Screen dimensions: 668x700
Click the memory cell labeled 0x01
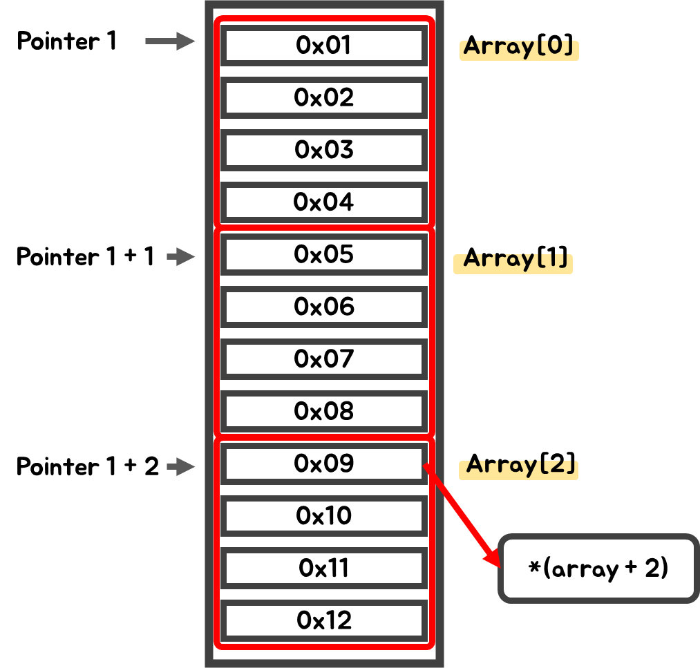coord(323,46)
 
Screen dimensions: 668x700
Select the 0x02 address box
coord(323,98)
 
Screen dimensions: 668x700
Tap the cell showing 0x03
coord(323,151)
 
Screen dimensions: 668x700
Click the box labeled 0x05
coord(323,255)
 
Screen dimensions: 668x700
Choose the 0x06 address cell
coord(323,307)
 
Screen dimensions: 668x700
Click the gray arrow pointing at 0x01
coord(170,41)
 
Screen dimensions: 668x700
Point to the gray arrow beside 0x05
coord(181,257)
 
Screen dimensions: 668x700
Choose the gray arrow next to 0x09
coord(181,467)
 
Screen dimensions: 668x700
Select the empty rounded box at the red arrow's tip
coord(598,568)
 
